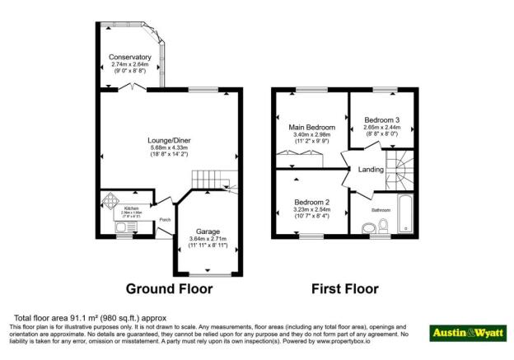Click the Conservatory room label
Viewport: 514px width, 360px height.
pyautogui.click(x=130, y=57)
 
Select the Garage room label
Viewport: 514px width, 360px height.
pyautogui.click(x=207, y=231)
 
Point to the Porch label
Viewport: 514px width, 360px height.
pyautogui.click(x=165, y=219)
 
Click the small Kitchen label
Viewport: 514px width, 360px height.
pyautogui.click(x=132, y=208)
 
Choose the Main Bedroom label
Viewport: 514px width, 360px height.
pyautogui.click(x=311, y=128)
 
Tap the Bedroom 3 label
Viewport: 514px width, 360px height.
pyautogui.click(x=381, y=120)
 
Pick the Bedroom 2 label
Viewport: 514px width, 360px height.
pyautogui.click(x=311, y=203)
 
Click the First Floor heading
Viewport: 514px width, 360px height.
pyautogui.click(x=344, y=289)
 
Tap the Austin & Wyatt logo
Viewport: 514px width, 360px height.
pyautogui.click(x=467, y=332)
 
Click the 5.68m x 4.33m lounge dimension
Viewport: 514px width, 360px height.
pyautogui.click(x=171, y=147)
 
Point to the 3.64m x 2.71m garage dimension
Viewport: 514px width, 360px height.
pyautogui.click(x=207, y=240)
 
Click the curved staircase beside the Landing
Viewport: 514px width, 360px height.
pyautogui.click(x=403, y=169)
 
